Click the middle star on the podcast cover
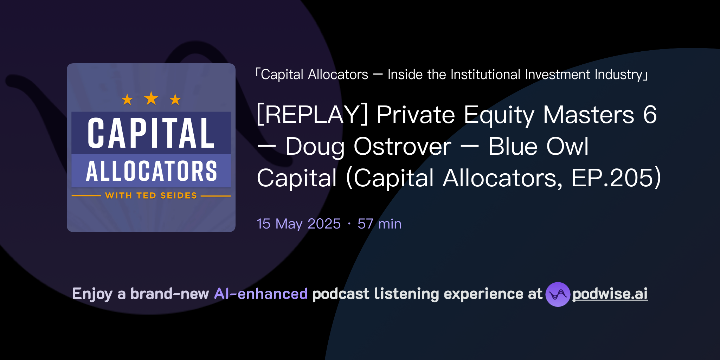coord(151,98)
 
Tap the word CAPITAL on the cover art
coord(151,133)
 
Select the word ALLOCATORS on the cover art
coord(151,171)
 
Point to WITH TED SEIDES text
coord(151,195)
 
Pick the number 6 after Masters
coord(650,115)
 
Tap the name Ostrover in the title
coord(402,146)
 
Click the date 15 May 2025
coord(298,224)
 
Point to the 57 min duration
coord(379,224)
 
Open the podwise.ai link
coord(610,294)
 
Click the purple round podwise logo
coord(558,294)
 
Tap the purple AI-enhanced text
coord(261,294)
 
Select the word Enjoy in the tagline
coord(92,294)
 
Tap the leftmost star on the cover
coord(127,100)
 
